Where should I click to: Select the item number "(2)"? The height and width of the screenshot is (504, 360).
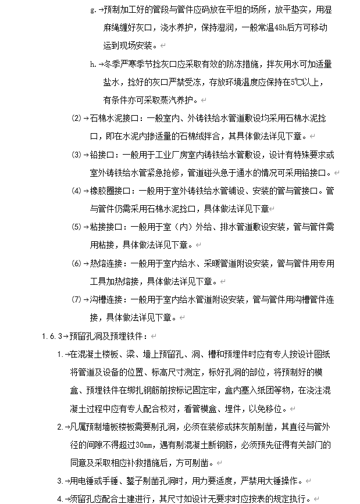click(76, 118)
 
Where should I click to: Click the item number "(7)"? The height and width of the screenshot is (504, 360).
click(76, 299)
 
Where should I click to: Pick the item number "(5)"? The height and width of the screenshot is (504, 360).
click(76, 226)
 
